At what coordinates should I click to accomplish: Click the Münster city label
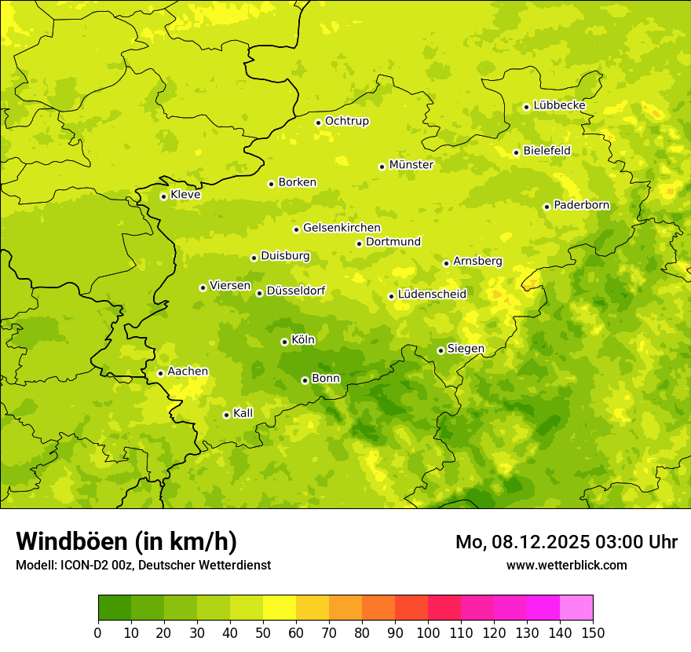[411, 165]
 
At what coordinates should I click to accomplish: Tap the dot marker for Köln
[284, 342]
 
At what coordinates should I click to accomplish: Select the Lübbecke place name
[559, 105]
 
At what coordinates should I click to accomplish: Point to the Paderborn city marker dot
[547, 207]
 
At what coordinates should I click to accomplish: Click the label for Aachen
[188, 372]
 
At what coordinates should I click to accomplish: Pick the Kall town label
[243, 413]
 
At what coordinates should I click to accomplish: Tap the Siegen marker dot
[441, 350]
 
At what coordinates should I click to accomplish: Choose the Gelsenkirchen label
[342, 228]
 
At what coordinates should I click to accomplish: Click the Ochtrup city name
[347, 121]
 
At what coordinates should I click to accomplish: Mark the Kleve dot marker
[163, 196]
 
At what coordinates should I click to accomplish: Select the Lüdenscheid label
[432, 295]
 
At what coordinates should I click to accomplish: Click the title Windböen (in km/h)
[126, 541]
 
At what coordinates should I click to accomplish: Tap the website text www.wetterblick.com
[566, 565]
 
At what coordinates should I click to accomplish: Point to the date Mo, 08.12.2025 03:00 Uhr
[566, 542]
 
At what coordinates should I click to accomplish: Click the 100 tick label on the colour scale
[428, 632]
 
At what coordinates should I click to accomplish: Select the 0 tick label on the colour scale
[98, 632]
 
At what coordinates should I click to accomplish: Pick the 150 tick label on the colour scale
[593, 632]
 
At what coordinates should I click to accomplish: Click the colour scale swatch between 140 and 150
[576, 608]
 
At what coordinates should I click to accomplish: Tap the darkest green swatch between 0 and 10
[115, 608]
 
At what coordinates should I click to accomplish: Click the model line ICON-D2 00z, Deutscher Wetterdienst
[143, 565]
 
